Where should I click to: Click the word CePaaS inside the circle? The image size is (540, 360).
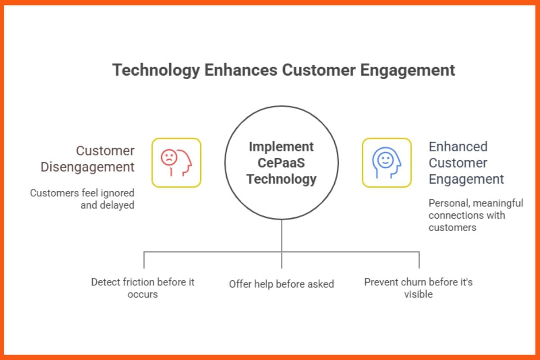coord(281,163)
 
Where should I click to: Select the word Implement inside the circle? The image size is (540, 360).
coord(281,147)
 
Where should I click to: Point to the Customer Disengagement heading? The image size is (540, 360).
coord(87,159)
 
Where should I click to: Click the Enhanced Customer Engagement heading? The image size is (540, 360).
coord(466,163)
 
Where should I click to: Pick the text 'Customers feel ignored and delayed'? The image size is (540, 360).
coord(82,199)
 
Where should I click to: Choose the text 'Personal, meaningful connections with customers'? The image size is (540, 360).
coord(475,215)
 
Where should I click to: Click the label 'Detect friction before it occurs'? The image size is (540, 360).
coord(143,288)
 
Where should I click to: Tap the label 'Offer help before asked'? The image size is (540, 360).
coord(281,284)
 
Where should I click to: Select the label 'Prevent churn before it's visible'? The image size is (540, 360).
coord(418,288)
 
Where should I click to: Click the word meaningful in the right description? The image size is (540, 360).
coord(498,203)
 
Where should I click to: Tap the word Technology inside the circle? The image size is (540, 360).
coord(281,179)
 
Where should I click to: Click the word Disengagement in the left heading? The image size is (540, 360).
coord(87,167)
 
